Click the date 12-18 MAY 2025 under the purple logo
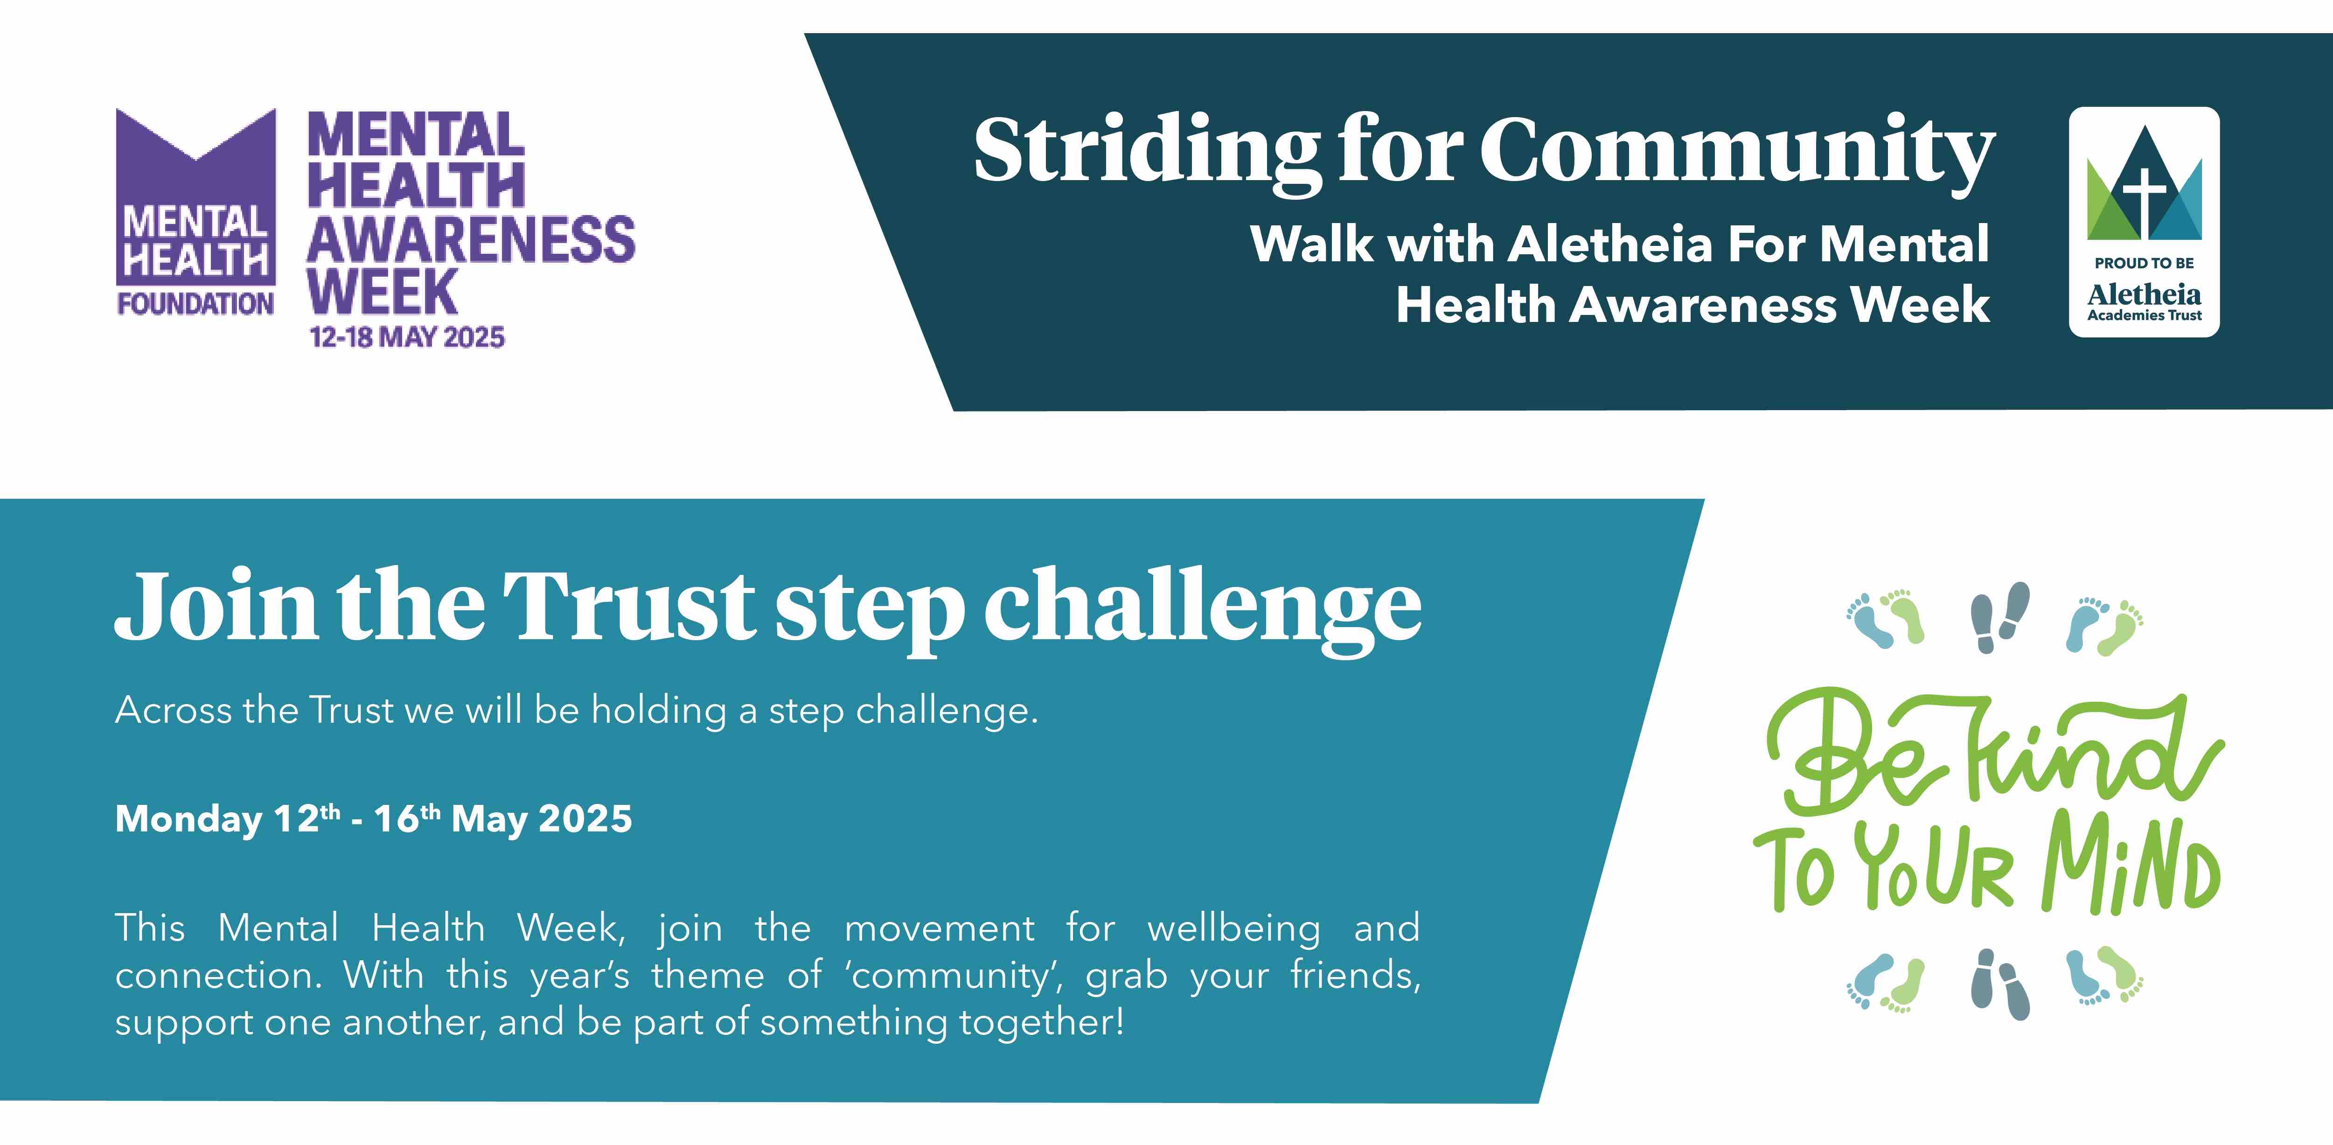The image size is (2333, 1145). click(x=407, y=337)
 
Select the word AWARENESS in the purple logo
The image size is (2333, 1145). click(x=471, y=240)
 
